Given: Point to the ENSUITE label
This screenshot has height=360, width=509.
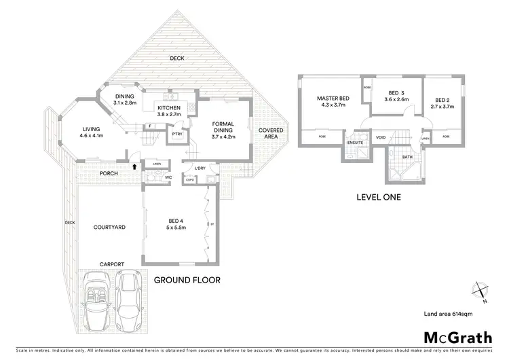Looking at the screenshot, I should [x=355, y=142].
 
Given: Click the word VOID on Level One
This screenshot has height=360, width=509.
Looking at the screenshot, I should [x=381, y=137].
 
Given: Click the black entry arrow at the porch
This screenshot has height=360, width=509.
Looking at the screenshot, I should [x=134, y=165].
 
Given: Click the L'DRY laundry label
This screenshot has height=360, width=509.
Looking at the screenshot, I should [x=200, y=168].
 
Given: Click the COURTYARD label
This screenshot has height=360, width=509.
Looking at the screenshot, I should [x=109, y=228].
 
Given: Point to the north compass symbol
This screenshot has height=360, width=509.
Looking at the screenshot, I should [x=480, y=291].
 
